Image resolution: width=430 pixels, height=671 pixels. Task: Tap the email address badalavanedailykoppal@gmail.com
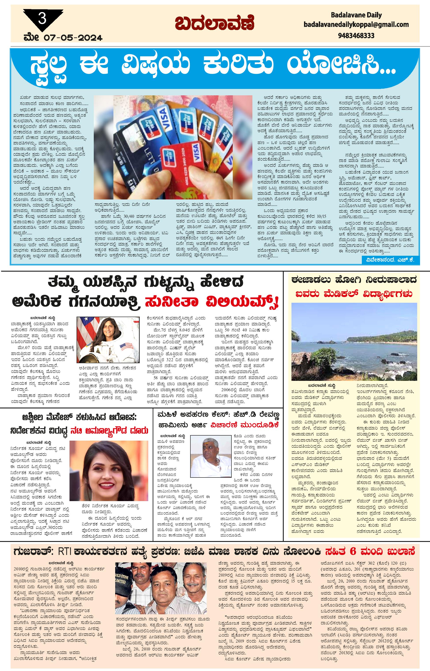[x=356, y=25]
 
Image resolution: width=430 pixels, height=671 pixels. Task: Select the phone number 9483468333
[x=356, y=36]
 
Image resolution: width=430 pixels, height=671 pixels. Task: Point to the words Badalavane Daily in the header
[x=356, y=15]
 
